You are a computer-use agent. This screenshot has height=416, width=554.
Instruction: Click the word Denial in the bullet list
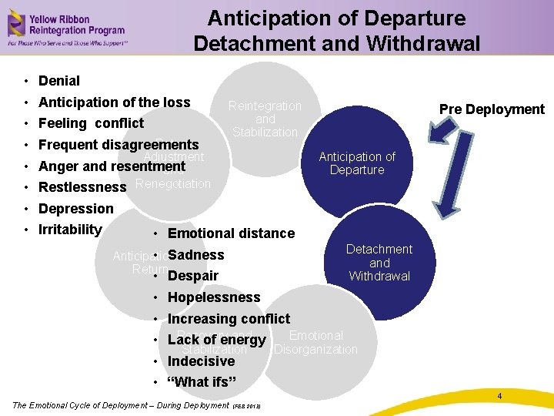pyautogui.click(x=59, y=81)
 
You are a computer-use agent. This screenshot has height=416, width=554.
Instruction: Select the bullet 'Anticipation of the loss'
pyautogui.click(x=114, y=102)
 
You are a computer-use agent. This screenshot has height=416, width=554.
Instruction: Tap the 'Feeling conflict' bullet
pyautogui.click(x=91, y=123)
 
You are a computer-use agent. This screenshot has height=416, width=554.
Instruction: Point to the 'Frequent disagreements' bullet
pyautogui.click(x=118, y=145)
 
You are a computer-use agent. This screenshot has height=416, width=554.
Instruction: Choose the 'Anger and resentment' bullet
pyautogui.click(x=112, y=166)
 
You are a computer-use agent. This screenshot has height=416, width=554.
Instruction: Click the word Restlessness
pyautogui.click(x=82, y=187)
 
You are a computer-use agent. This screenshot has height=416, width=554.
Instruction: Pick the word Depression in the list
pyautogui.click(x=75, y=209)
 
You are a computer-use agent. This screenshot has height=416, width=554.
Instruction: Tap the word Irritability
pyautogui.click(x=70, y=230)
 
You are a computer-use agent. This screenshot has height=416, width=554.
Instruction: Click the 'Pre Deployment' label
pyautogui.click(x=492, y=109)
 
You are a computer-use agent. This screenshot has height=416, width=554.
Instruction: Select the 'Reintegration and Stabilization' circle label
pyautogui.click(x=265, y=119)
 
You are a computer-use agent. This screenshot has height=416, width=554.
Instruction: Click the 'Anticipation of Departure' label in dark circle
pyautogui.click(x=357, y=163)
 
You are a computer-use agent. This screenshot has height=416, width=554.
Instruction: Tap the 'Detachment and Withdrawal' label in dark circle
pyautogui.click(x=379, y=263)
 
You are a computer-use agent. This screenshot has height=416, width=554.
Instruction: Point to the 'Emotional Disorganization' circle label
pyautogui.click(x=316, y=343)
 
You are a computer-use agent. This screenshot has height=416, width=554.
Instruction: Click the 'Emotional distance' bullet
pyautogui.click(x=231, y=233)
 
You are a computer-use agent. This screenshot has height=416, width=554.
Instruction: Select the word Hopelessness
pyautogui.click(x=214, y=297)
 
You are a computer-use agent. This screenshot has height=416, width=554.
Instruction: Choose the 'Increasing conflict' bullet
pyautogui.click(x=229, y=319)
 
